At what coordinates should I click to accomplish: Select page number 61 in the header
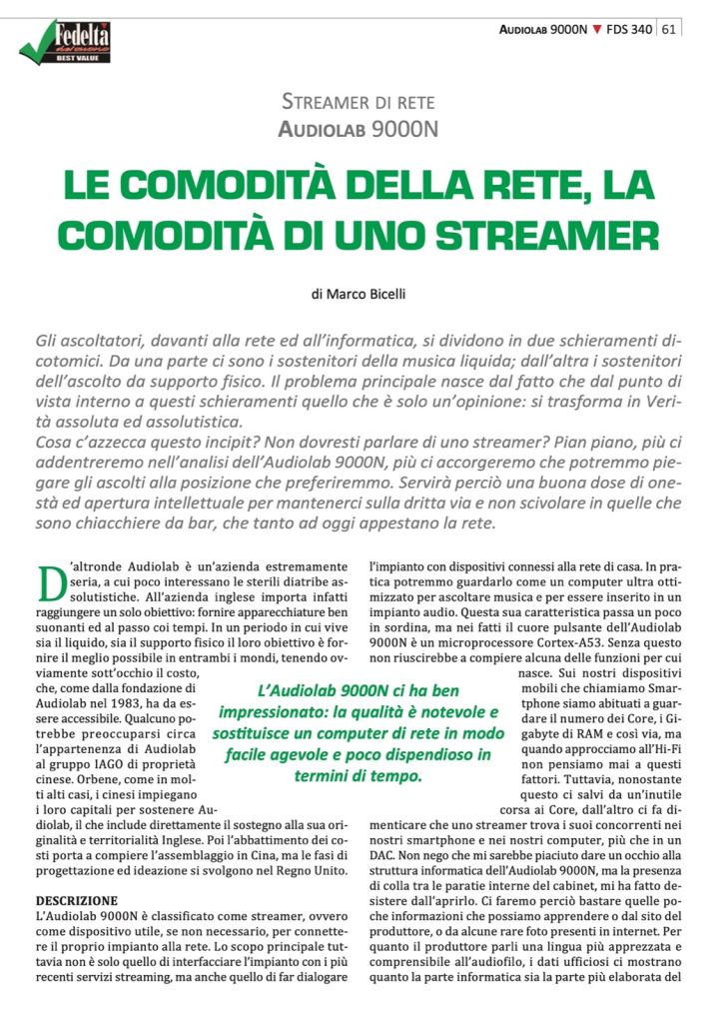pyautogui.click(x=669, y=29)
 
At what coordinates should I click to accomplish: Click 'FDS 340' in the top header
pyautogui.click(x=629, y=29)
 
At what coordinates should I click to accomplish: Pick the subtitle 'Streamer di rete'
pyautogui.click(x=358, y=102)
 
